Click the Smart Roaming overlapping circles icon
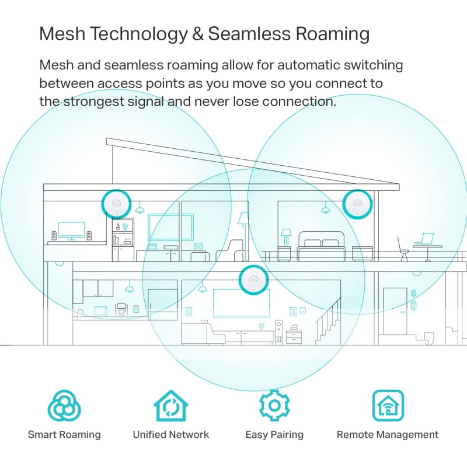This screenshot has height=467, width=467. (64, 405)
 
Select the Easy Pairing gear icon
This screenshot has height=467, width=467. (274, 405)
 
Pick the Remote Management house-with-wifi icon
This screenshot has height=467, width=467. (388, 405)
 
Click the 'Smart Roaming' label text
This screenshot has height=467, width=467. (64, 434)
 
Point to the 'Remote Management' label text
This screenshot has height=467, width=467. (388, 434)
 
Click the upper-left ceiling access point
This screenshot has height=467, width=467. (116, 204)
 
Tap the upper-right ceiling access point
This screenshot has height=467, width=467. (357, 204)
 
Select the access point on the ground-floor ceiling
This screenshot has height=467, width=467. (253, 280)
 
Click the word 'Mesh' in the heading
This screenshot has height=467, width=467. (62, 33)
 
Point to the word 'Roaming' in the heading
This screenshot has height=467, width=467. (332, 34)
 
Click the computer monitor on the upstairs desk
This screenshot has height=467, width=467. (71, 231)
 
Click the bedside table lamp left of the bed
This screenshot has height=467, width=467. (286, 237)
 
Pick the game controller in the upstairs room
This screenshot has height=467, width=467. (198, 246)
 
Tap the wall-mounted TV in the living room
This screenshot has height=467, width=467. (241, 303)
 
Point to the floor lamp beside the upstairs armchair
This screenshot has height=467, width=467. (244, 235)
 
